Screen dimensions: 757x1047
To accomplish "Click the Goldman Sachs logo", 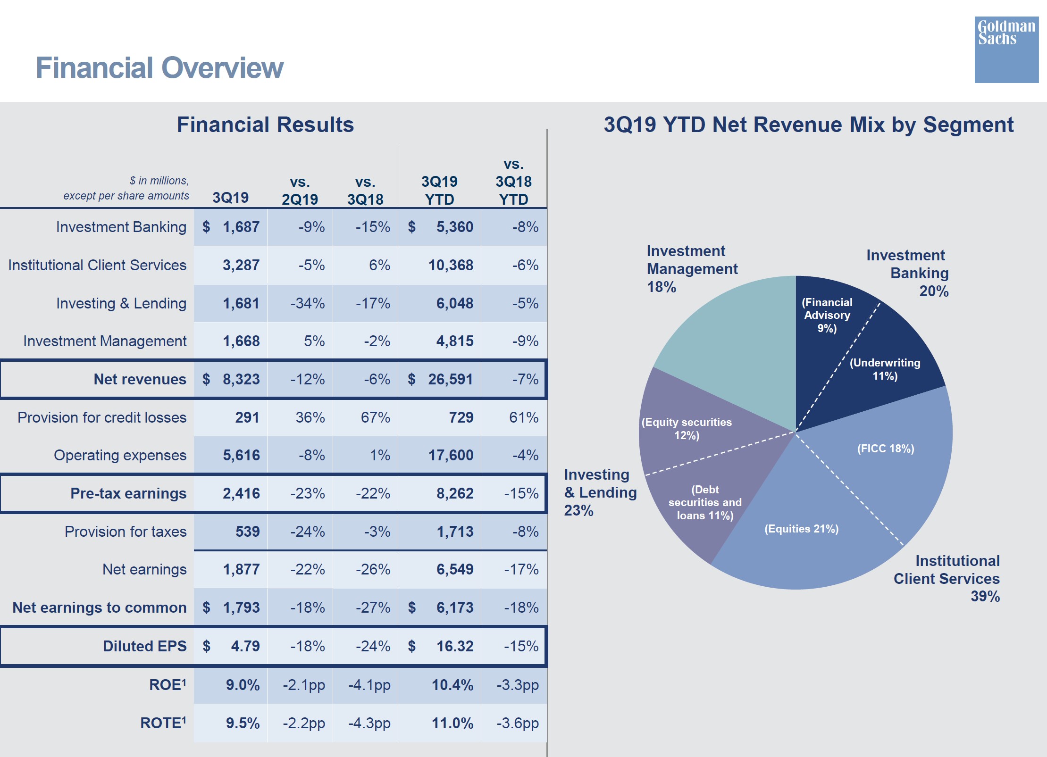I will coord(1006,50).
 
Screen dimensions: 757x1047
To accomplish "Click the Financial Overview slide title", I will coord(159,68).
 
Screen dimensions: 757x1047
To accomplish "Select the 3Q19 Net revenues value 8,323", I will coord(241,379).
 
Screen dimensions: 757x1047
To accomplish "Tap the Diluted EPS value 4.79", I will coord(245,646).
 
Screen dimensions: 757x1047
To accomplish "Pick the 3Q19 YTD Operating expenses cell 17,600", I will coord(450,455).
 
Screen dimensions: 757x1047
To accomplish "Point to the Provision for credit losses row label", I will coord(102,417).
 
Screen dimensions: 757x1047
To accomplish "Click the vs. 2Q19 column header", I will coord(300,191).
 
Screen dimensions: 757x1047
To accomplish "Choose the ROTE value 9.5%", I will coord(243,723).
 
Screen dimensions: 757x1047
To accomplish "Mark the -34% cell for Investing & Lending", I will coord(307,303).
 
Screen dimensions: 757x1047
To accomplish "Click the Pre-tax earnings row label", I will coord(128,493).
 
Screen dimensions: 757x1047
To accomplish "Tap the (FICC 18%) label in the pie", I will coord(885,449).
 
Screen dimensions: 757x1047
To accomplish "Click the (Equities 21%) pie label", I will coord(801,529).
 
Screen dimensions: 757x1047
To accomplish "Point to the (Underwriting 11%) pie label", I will coord(885,369).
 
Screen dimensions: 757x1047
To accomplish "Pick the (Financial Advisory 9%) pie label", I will coord(827,315).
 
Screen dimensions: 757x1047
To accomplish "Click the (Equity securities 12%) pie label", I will coord(687,429).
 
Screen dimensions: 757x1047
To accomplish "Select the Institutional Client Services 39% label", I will coord(946,578).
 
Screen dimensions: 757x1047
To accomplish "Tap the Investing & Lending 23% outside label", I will coord(600,492).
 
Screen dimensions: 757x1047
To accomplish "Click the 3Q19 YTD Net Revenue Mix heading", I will coord(808,125).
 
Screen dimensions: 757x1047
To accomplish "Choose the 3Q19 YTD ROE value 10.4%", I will coord(452,685).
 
